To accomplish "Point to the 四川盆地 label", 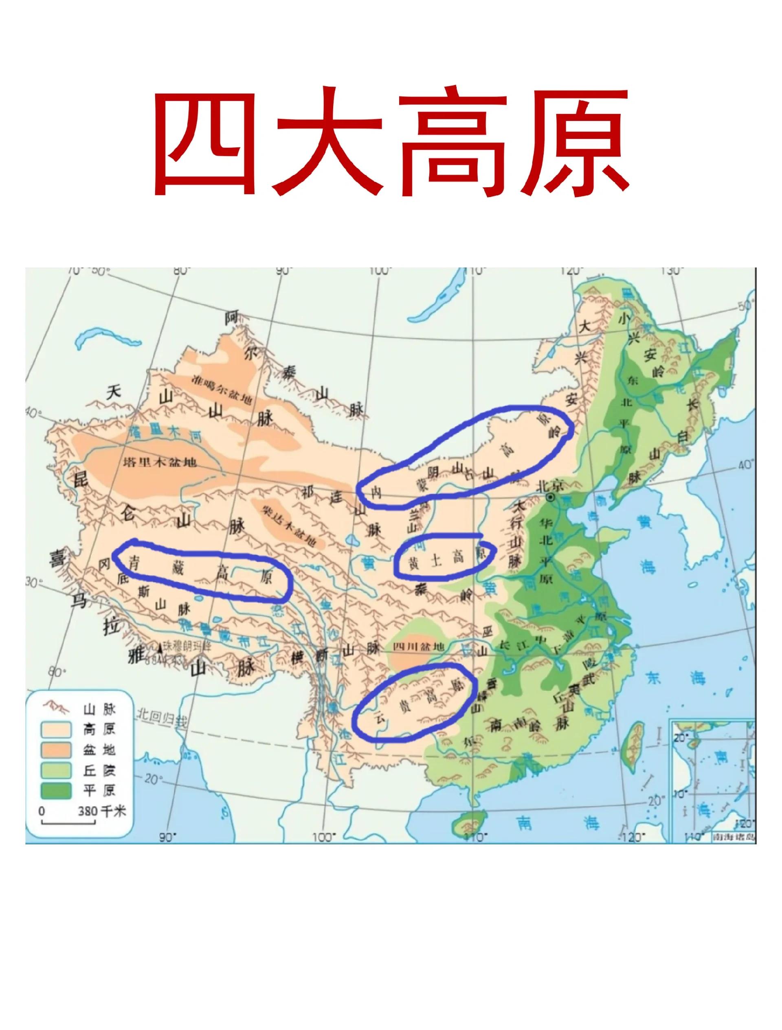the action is [x=416, y=647].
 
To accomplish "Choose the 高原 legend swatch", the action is [x=56, y=729].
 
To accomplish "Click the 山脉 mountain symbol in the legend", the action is [x=56, y=709].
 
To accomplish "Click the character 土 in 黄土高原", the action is [x=436, y=561].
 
